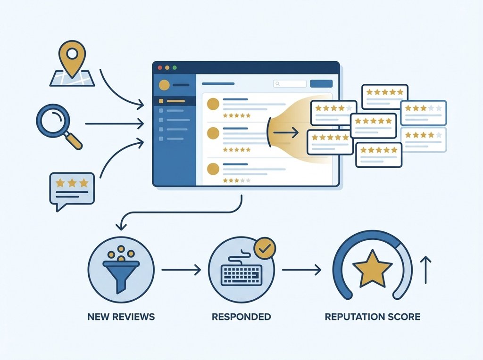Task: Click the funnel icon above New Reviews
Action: [121, 269]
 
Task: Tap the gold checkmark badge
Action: [265, 249]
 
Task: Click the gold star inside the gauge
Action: [372, 270]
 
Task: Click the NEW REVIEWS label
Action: [121, 316]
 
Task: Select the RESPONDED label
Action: [241, 316]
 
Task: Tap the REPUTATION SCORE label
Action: [373, 316]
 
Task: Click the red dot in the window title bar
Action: [159, 68]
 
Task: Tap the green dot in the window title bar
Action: [175, 68]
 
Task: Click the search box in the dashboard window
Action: [290, 83]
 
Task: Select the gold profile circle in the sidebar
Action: [165, 85]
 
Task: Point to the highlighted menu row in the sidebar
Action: [174, 101]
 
